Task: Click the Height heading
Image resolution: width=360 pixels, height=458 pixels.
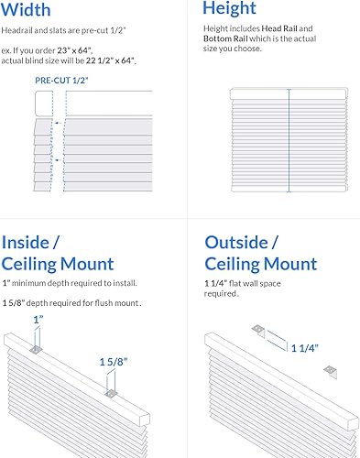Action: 230,10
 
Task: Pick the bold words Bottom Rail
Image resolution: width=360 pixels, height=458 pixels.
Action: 232,39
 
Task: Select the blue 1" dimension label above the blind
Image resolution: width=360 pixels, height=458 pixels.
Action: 38,320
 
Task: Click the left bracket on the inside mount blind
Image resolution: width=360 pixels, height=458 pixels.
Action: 37,348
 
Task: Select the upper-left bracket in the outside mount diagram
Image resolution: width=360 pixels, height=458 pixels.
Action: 258,330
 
